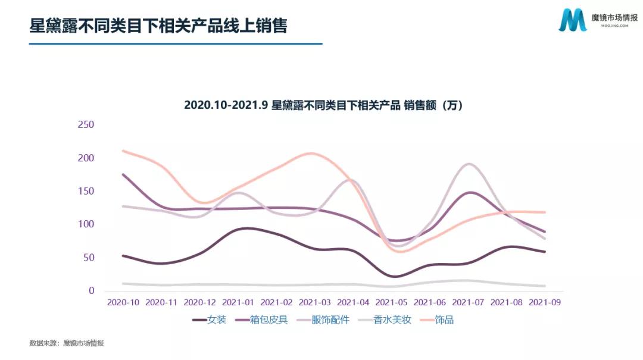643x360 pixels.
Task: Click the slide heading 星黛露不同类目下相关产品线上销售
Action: click(x=158, y=26)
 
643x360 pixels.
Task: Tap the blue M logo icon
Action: click(x=572, y=21)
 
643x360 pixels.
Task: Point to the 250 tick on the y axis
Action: click(x=86, y=125)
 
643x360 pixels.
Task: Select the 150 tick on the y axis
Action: click(x=86, y=191)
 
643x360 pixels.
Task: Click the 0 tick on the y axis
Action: click(x=92, y=290)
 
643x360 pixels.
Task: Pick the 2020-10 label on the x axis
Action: click(x=123, y=302)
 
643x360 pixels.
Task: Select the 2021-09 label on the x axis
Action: click(x=545, y=302)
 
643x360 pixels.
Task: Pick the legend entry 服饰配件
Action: click(x=331, y=320)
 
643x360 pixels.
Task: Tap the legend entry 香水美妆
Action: click(x=392, y=320)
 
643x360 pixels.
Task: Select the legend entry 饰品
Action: click(x=444, y=320)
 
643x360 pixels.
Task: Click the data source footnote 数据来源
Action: click(x=67, y=343)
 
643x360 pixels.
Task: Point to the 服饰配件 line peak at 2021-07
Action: click(x=469, y=164)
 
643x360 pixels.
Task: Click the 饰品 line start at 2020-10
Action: click(x=123, y=151)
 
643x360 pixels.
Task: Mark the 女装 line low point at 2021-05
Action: click(x=394, y=277)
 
